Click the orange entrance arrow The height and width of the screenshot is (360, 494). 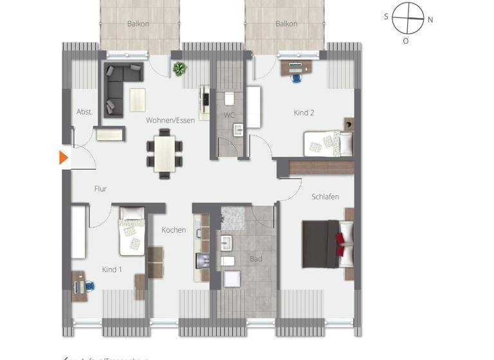(x=63, y=157)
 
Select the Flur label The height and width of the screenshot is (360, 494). (x=100, y=189)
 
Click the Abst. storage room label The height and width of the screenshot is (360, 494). (x=84, y=111)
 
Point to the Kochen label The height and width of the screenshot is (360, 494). (x=174, y=230)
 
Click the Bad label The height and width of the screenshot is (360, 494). (x=255, y=259)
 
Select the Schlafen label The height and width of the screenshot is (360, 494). (x=325, y=197)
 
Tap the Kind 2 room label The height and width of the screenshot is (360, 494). (x=304, y=113)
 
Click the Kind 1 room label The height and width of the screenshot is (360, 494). (x=112, y=269)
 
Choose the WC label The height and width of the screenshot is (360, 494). (x=229, y=115)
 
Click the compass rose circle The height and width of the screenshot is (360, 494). (x=408, y=19)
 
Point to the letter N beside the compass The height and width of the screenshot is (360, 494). (x=430, y=19)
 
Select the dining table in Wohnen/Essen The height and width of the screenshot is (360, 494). (x=164, y=153)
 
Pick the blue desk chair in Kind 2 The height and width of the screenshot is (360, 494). (x=297, y=77)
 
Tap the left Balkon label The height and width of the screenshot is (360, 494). (x=138, y=24)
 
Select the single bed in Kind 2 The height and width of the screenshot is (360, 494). (x=327, y=142)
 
